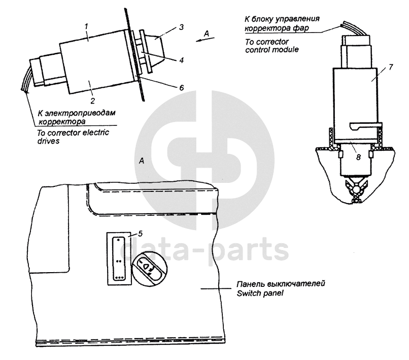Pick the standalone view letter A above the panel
(x=142, y=160)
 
